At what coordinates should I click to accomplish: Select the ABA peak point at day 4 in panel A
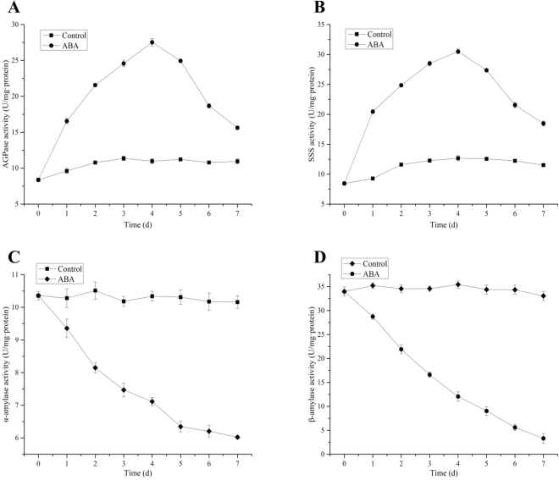[152, 42]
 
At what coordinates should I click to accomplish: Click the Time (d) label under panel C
[137, 472]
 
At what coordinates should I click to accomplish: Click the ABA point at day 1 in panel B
[372, 112]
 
